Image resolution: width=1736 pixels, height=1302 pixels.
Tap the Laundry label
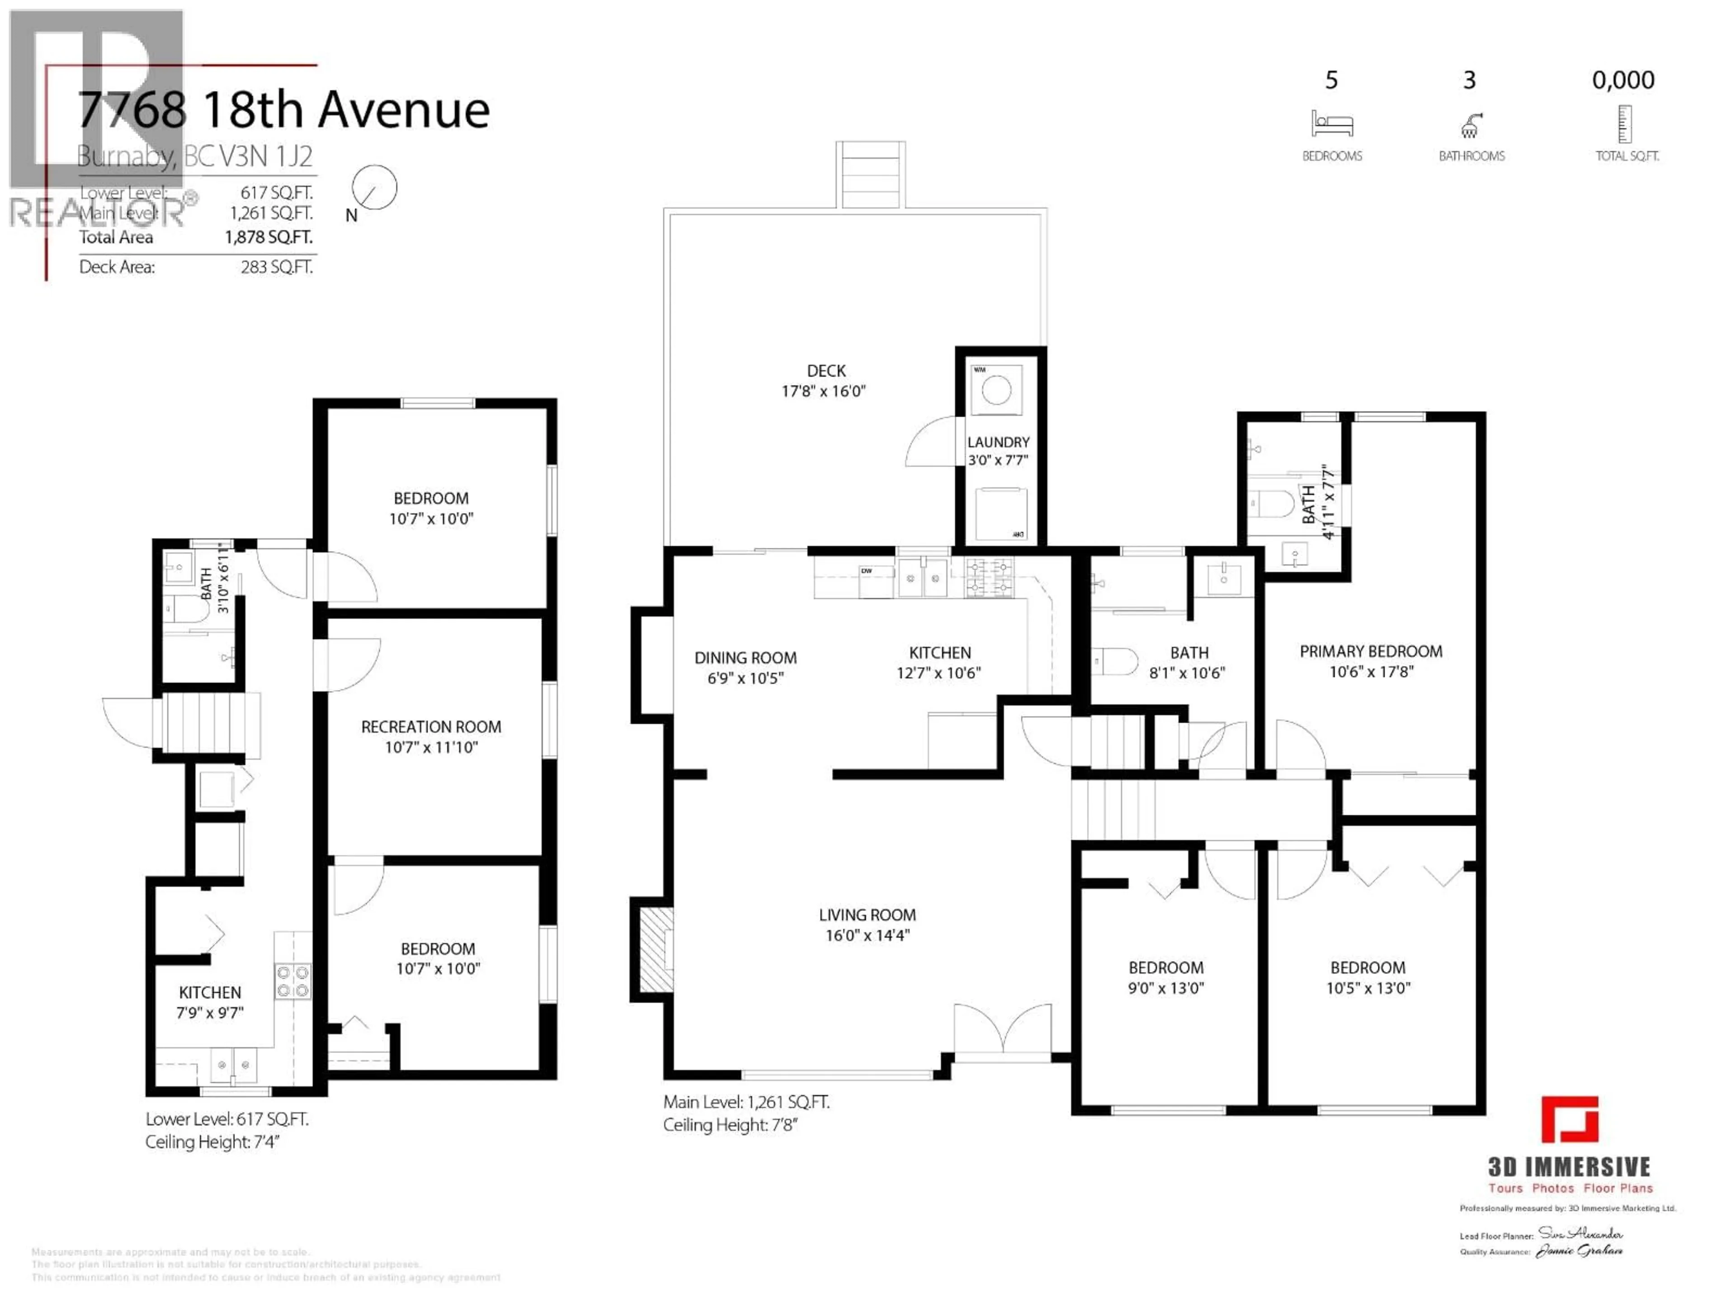[x=997, y=443]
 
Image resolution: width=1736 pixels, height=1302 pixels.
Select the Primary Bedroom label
[x=1370, y=651]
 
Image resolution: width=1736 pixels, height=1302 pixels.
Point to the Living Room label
[x=867, y=915]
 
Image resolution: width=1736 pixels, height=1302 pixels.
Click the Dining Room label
[x=745, y=658]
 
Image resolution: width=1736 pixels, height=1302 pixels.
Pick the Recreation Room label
[x=431, y=727]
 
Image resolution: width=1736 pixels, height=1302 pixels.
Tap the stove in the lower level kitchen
[x=293, y=981]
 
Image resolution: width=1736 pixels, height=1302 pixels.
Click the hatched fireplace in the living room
[x=656, y=950]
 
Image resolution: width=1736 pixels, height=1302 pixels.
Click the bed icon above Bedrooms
[x=1332, y=124]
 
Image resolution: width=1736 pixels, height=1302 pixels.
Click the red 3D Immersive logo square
[x=1570, y=1119]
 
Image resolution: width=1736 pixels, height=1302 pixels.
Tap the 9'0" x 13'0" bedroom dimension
[x=1165, y=989]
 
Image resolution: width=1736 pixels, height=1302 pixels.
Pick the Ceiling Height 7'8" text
[x=730, y=1125]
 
